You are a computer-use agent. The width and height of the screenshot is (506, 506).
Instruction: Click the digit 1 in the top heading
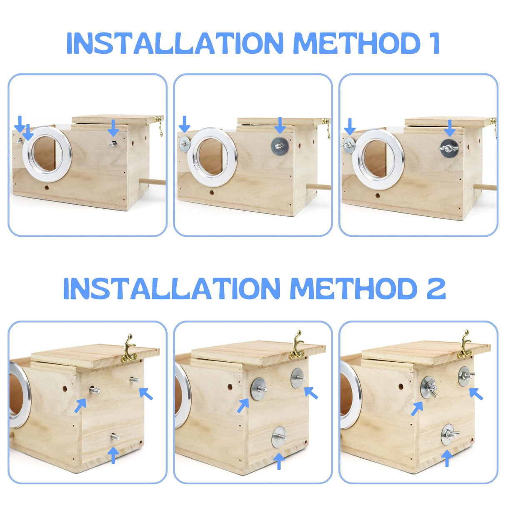point(435,43)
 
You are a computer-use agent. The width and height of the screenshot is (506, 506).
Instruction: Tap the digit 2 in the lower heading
point(436,288)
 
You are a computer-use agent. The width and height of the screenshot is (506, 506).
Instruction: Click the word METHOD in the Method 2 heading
point(353,288)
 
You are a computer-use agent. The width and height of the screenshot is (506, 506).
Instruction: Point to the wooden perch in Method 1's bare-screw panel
point(152,182)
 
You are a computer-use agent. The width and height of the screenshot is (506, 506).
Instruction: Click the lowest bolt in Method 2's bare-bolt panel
point(114,436)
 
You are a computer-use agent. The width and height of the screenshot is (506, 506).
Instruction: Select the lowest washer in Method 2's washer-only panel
point(278,437)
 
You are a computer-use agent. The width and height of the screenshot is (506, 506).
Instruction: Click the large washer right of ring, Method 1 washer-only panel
point(279,147)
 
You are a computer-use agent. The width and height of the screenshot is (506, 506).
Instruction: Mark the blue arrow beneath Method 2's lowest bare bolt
point(113,455)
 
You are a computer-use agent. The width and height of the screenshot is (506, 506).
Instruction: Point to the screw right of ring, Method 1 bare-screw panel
point(113,143)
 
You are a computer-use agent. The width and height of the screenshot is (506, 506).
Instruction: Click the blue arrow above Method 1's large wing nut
point(449,128)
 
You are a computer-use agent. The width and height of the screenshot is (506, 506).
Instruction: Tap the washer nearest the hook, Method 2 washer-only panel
point(298,378)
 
